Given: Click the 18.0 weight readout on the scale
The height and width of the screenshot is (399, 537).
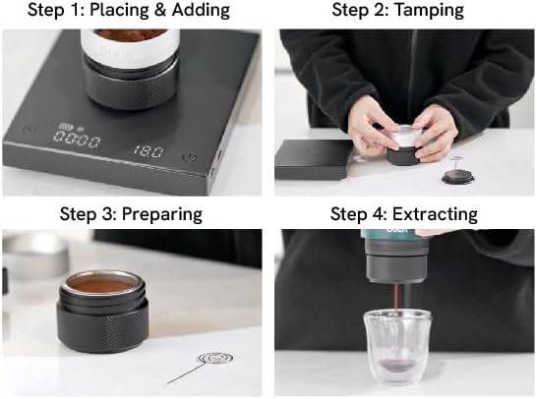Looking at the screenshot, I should (x=147, y=154).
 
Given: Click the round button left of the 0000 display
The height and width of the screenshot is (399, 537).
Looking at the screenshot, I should (x=29, y=129).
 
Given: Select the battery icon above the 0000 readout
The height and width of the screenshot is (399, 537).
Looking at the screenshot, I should (x=66, y=127).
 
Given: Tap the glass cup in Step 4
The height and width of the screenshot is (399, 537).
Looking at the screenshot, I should (x=399, y=340).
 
